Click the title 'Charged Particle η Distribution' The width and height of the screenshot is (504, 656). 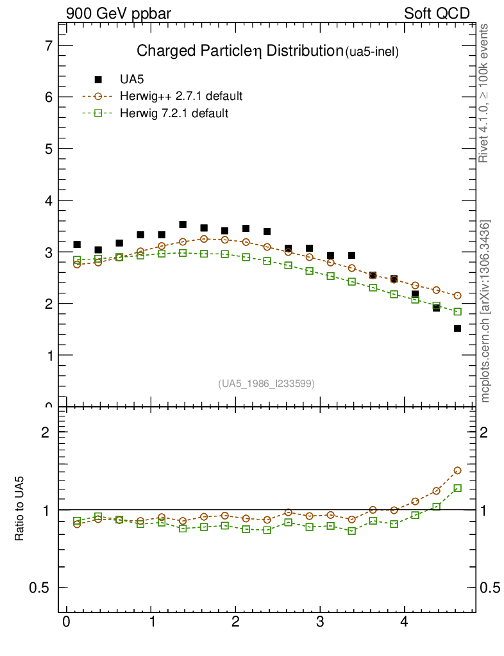[239, 51]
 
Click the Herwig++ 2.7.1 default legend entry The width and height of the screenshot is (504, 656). [180, 97]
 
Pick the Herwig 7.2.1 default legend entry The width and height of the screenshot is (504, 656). [174, 113]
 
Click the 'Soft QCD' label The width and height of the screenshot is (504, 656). [437, 13]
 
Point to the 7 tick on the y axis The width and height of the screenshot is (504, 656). [48, 45]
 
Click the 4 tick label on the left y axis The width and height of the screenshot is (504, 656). [48, 201]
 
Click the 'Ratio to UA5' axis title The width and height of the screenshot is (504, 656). [21, 510]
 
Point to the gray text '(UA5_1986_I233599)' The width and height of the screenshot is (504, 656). [267, 383]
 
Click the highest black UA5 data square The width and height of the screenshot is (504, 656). [183, 224]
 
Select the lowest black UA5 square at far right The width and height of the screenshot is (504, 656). [457, 328]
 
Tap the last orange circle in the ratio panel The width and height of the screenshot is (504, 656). [457, 470]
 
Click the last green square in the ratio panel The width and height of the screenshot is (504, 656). [457, 488]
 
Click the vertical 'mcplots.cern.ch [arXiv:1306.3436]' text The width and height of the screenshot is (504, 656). [485, 311]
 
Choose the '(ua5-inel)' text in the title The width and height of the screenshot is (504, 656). [372, 53]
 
